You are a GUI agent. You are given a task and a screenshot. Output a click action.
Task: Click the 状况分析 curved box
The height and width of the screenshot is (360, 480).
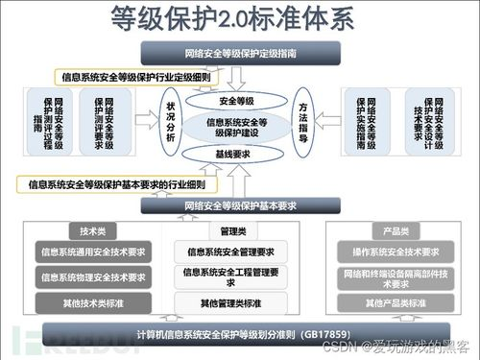(x=172, y=123)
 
